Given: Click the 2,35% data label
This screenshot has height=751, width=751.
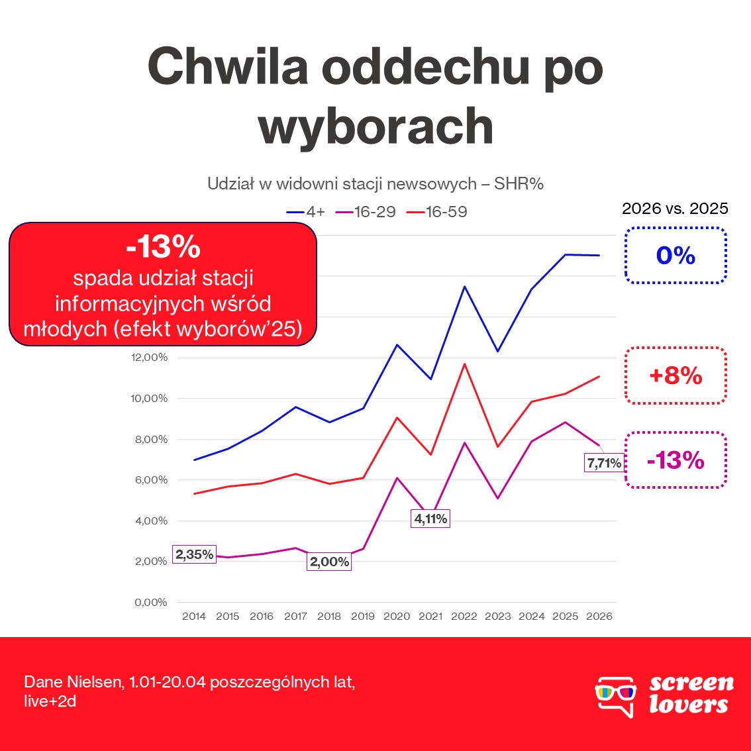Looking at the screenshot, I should pyautogui.click(x=195, y=554).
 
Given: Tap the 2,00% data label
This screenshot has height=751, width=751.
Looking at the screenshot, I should pyautogui.click(x=329, y=562).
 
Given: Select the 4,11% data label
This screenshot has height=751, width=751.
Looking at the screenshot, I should pyautogui.click(x=430, y=519).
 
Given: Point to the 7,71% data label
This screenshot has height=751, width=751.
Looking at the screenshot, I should pyautogui.click(x=604, y=463).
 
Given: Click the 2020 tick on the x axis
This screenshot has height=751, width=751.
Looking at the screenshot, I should pyautogui.click(x=397, y=616).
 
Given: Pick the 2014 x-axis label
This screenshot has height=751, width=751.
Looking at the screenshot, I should pyautogui.click(x=194, y=616).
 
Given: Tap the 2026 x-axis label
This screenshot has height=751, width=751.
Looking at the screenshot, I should pyautogui.click(x=599, y=616).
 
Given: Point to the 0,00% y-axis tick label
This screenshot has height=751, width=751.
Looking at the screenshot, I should pyautogui.click(x=151, y=603).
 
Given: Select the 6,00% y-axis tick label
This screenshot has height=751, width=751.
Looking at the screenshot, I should pyautogui.click(x=151, y=480).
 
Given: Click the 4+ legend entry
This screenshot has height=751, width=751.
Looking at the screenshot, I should pyautogui.click(x=306, y=212).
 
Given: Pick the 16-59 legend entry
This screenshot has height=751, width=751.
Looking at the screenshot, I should pyautogui.click(x=437, y=212).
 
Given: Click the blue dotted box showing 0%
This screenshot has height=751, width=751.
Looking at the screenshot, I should pyautogui.click(x=676, y=256).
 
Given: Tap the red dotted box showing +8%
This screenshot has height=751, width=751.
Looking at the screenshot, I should pyautogui.click(x=676, y=375).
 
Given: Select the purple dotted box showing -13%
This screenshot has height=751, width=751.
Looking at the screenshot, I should pyautogui.click(x=676, y=460).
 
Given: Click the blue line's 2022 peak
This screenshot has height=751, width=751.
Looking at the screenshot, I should pyautogui.click(x=465, y=286).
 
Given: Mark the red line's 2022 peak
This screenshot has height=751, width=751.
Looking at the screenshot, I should pyautogui.click(x=465, y=364).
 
